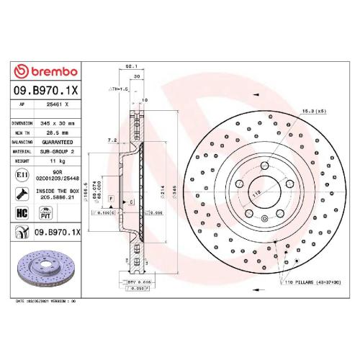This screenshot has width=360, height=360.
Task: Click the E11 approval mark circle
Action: point(22,175)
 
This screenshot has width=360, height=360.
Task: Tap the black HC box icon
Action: point(22,212)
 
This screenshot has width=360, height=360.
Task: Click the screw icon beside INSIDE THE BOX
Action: point(22,193)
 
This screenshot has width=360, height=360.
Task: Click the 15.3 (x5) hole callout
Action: point(315,110)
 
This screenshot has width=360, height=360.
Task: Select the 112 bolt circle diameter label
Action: point(254,193)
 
